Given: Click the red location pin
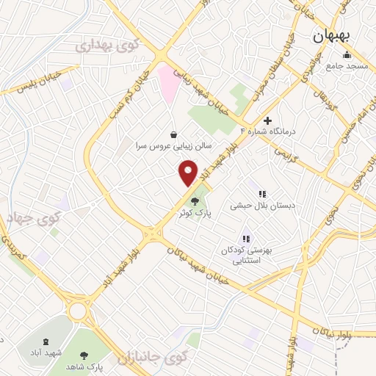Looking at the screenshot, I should click(x=189, y=173).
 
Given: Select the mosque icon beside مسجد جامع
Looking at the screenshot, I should click(x=346, y=55).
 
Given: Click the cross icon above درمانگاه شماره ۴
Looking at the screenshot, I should click(x=267, y=120).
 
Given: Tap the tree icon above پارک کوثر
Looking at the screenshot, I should click(x=195, y=200).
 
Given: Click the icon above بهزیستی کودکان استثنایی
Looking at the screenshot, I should click(x=246, y=239).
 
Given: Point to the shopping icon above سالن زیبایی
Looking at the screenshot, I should click(x=173, y=134).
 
